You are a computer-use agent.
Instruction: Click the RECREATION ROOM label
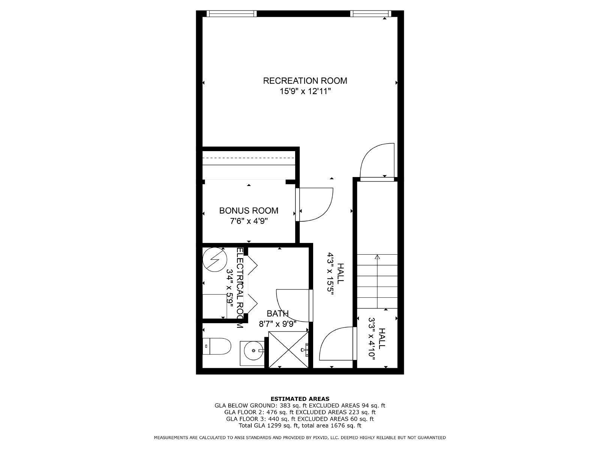pyautogui.click(x=305, y=81)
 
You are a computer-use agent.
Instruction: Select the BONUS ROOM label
pyautogui.click(x=249, y=211)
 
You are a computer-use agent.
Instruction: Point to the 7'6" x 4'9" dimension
pyautogui.click(x=249, y=221)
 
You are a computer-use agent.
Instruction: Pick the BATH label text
pyautogui.click(x=277, y=313)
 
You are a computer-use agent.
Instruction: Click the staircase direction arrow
pyautogui.click(x=377, y=257)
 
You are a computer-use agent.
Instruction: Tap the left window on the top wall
pyautogui.click(x=232, y=14)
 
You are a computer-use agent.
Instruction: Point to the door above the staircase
pyautogui.click(x=377, y=161)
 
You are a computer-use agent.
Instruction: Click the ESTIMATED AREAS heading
pyautogui.click(x=300, y=399)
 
